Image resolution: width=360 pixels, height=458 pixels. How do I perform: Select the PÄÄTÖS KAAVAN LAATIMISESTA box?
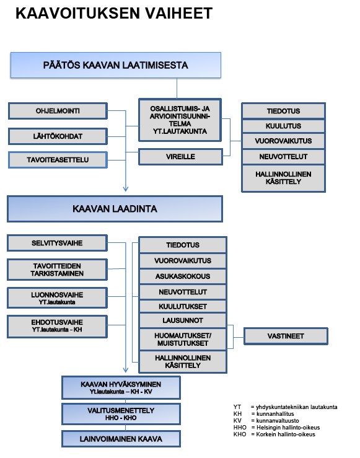[x=116, y=65]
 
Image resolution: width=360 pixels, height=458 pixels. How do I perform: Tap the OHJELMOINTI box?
[x=58, y=111]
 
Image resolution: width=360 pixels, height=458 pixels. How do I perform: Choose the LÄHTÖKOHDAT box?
[x=58, y=136]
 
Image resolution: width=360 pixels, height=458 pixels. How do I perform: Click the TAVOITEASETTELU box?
[x=58, y=160]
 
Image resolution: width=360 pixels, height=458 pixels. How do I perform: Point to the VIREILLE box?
[x=180, y=157]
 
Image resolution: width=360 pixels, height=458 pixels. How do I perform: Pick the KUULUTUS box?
[x=283, y=126]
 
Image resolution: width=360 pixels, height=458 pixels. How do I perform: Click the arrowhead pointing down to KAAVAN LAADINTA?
[x=126, y=189]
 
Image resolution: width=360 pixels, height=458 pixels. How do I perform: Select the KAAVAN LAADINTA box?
[x=115, y=209]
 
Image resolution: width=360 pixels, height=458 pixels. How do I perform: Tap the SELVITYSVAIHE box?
[x=57, y=243]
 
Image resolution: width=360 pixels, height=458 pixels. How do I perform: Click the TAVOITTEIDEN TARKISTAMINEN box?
[x=57, y=270]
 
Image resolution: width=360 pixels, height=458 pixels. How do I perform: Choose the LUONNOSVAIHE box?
[x=57, y=298]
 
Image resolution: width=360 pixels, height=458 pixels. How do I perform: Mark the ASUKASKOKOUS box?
[x=183, y=276]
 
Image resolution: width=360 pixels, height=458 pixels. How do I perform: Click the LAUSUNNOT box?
[x=183, y=320]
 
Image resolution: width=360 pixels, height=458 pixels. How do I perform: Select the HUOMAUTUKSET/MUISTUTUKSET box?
[x=183, y=340]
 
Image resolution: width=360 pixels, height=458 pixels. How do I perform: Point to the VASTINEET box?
[x=286, y=336]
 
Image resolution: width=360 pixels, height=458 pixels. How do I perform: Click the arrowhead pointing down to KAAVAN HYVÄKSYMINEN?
[x=126, y=370]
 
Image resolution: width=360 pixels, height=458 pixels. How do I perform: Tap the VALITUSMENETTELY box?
[x=121, y=414]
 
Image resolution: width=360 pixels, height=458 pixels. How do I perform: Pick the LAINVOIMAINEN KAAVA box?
[x=121, y=439]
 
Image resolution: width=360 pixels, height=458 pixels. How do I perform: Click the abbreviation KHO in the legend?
[x=240, y=434]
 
